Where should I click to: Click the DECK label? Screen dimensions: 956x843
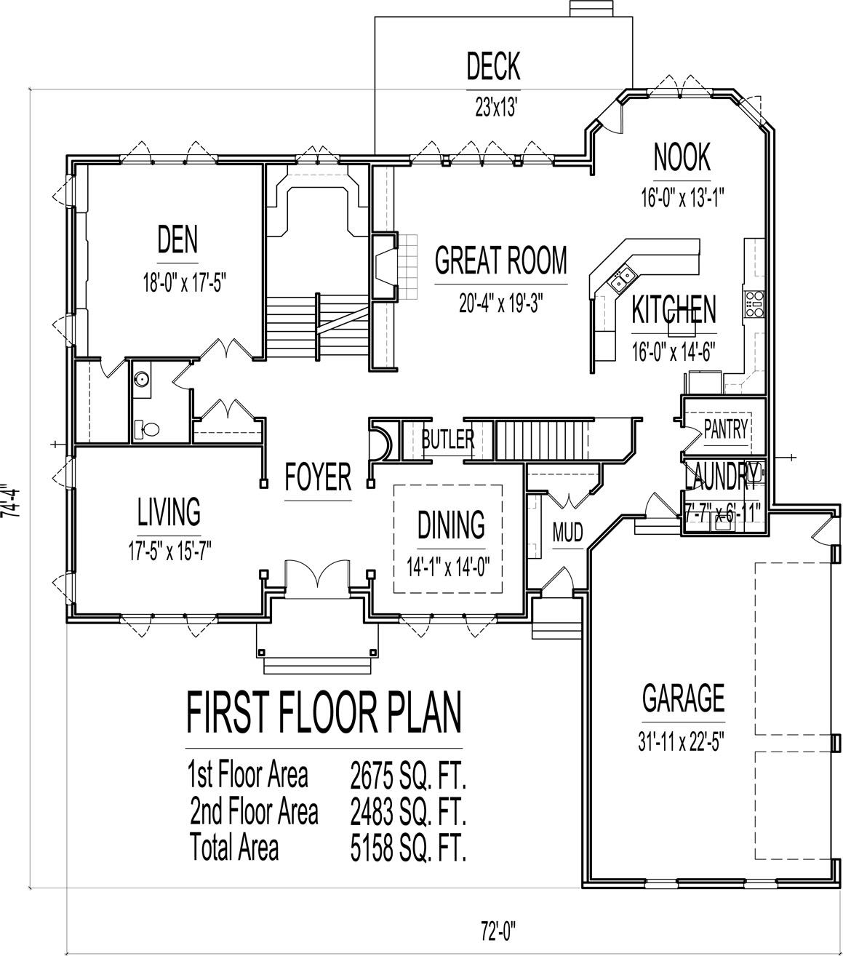493,66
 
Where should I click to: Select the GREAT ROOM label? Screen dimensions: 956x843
500,260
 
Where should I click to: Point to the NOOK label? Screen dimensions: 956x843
682,157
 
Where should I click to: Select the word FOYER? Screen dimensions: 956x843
318,477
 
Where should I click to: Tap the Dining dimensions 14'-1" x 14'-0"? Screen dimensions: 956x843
451,565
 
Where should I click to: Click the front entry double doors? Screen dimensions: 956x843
318,575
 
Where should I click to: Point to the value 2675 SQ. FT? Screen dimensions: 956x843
407,776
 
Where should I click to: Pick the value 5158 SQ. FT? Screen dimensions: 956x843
407,848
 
